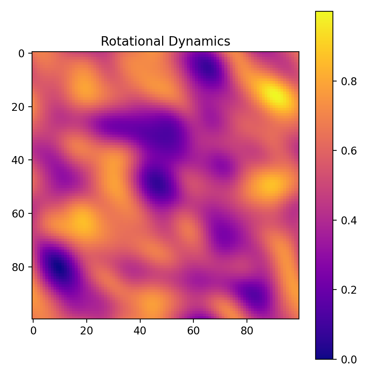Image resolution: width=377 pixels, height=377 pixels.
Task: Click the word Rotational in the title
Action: (126, 41)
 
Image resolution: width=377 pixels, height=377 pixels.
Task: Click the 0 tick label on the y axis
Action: (21, 54)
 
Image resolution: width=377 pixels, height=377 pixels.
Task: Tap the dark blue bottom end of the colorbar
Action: (324, 357)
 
